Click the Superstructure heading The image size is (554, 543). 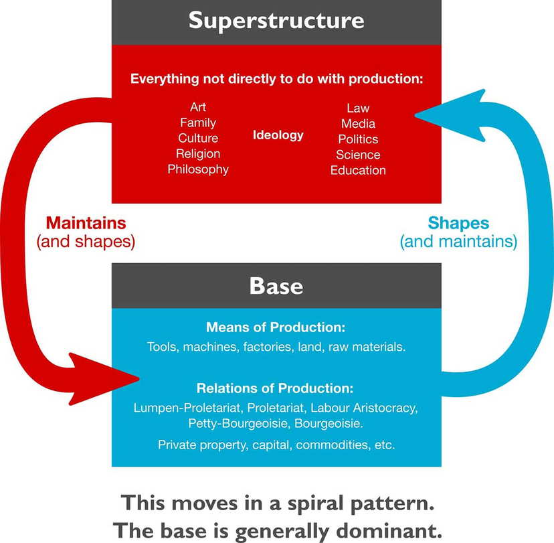pos(276,20)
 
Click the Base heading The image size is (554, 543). pos(276,287)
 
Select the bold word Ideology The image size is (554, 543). pos(278,135)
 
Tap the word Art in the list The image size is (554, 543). pos(198,107)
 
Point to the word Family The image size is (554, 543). pos(198,123)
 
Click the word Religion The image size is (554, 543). pos(198,154)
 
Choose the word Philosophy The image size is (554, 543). pos(198,169)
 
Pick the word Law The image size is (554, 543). pos(358,108)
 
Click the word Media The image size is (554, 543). pos(358,123)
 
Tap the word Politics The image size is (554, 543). pos(358,139)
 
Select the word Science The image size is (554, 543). pos(358,155)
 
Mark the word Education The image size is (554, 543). pos(358,170)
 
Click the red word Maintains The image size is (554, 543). pos(86,223)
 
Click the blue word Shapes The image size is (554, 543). pos(458,223)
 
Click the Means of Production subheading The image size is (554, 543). pos(276,327)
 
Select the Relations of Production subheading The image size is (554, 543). pos(276,388)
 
